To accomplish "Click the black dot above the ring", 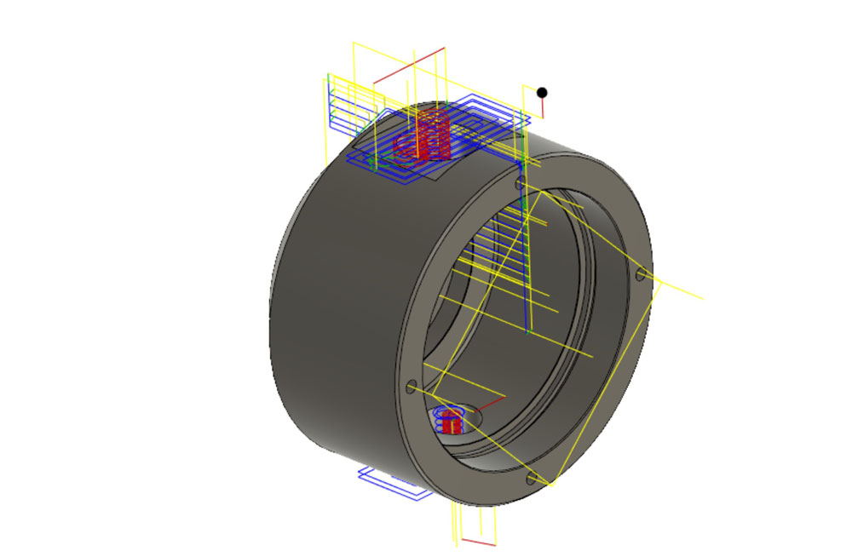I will coord(542,93).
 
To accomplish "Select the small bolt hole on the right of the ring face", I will coord(640,274).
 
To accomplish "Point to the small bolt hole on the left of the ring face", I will coord(412,387).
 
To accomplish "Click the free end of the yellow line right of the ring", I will coord(702,298).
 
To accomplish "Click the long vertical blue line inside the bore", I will coord(528,256).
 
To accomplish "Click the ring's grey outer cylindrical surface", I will coord(332,324).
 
